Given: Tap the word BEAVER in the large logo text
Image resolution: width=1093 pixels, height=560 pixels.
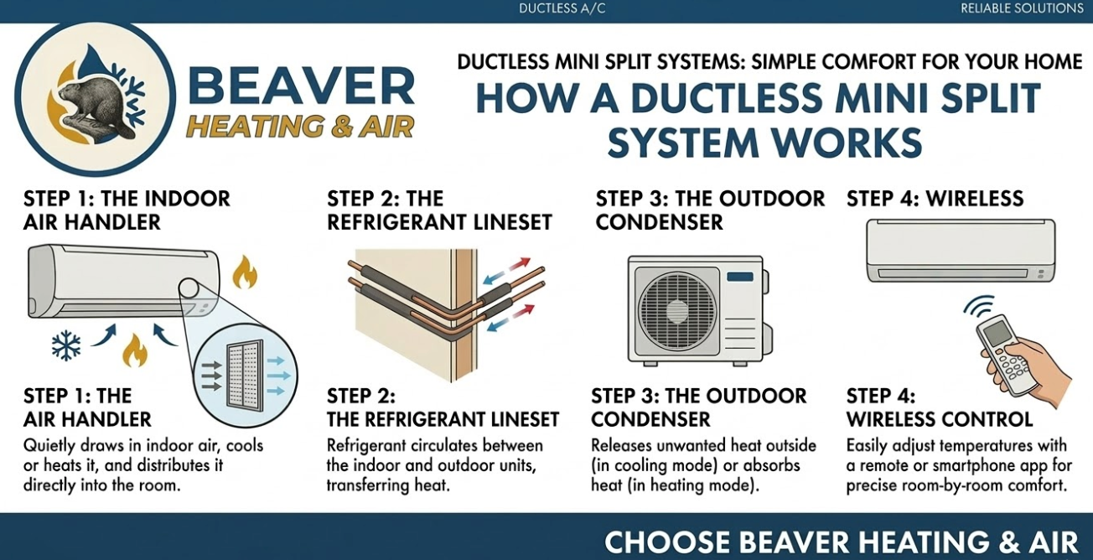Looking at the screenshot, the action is pos(301,88).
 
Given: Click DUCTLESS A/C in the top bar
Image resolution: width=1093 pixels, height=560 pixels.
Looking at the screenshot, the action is pos(562,8).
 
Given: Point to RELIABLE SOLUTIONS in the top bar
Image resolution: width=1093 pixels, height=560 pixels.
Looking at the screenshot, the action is pos(1020,8).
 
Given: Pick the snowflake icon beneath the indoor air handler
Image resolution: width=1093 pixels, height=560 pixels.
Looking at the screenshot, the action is pos(66,346).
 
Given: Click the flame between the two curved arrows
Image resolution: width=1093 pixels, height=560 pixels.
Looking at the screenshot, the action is pos(135,350).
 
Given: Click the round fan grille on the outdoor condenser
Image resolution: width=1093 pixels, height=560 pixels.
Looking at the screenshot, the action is pos(677,309).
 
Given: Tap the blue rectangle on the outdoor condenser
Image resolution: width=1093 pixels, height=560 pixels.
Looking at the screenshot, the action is pos(740,277).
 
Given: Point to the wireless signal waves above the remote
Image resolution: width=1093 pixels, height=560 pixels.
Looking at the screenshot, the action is pos(979,306).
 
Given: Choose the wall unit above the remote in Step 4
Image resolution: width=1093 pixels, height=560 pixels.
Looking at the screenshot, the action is pos(961,251).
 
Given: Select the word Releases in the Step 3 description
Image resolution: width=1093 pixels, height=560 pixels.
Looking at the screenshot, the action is pos(621,445).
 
